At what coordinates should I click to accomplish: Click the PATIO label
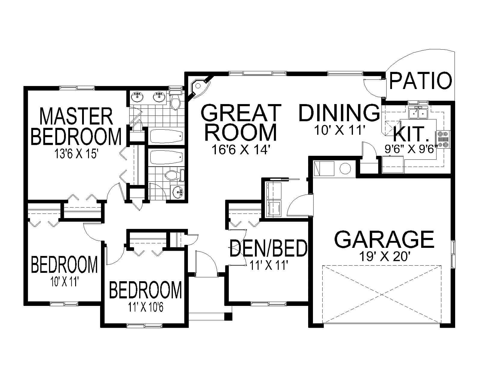421,81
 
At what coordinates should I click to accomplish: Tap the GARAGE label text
384,239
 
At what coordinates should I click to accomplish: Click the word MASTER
76,117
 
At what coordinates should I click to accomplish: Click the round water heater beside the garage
345,169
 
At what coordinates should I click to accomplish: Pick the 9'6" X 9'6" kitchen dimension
411,149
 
